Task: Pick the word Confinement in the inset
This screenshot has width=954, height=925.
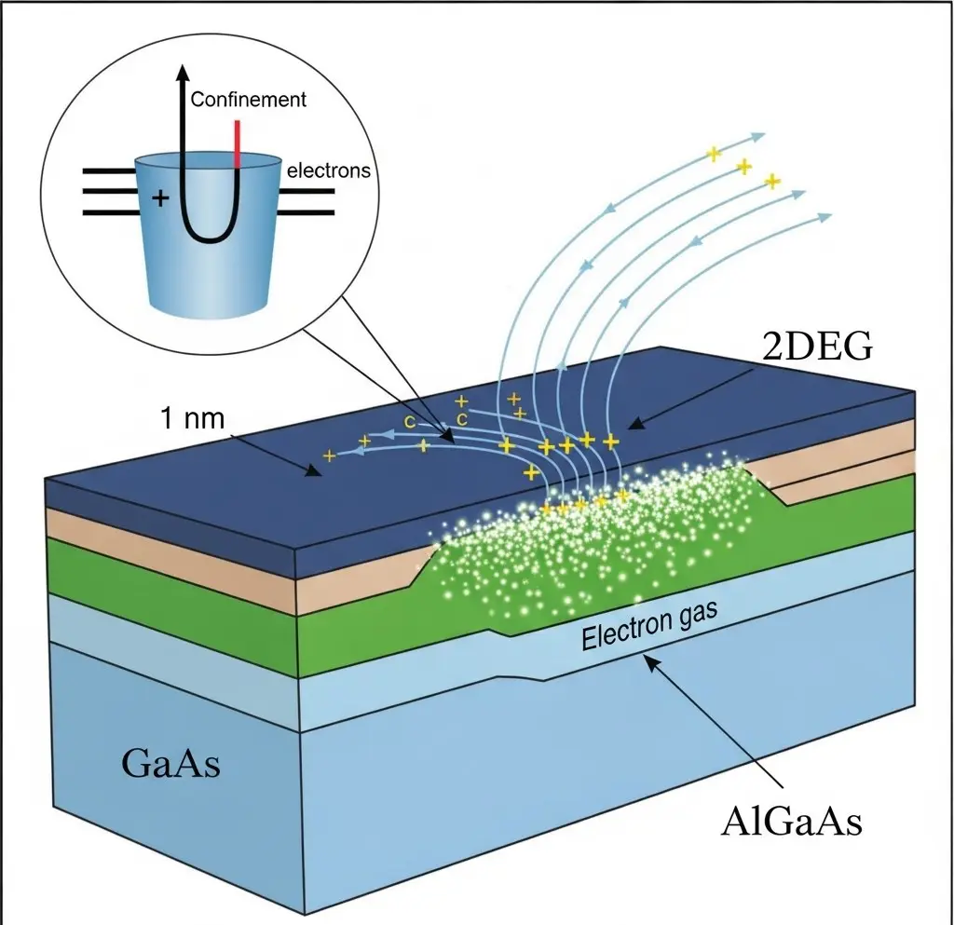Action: [249, 99]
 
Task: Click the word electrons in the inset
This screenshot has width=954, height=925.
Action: [329, 170]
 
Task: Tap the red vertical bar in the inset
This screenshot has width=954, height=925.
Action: [238, 143]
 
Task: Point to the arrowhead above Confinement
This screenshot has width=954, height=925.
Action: [184, 72]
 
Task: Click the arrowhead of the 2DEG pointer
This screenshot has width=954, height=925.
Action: [632, 427]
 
